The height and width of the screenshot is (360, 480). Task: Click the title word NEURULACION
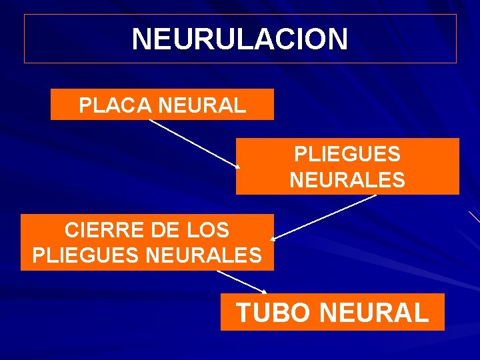pyautogui.click(x=239, y=39)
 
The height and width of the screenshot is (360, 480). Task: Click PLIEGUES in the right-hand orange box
pyautogui.click(x=347, y=155)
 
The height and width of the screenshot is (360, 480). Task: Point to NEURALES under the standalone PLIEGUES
pyautogui.click(x=347, y=180)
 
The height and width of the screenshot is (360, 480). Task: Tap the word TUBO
pyautogui.click(x=274, y=312)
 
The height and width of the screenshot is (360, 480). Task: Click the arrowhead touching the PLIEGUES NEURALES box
pyautogui.click(x=237, y=166)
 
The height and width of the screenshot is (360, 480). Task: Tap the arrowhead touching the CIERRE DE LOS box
pyautogui.click(x=275, y=237)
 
